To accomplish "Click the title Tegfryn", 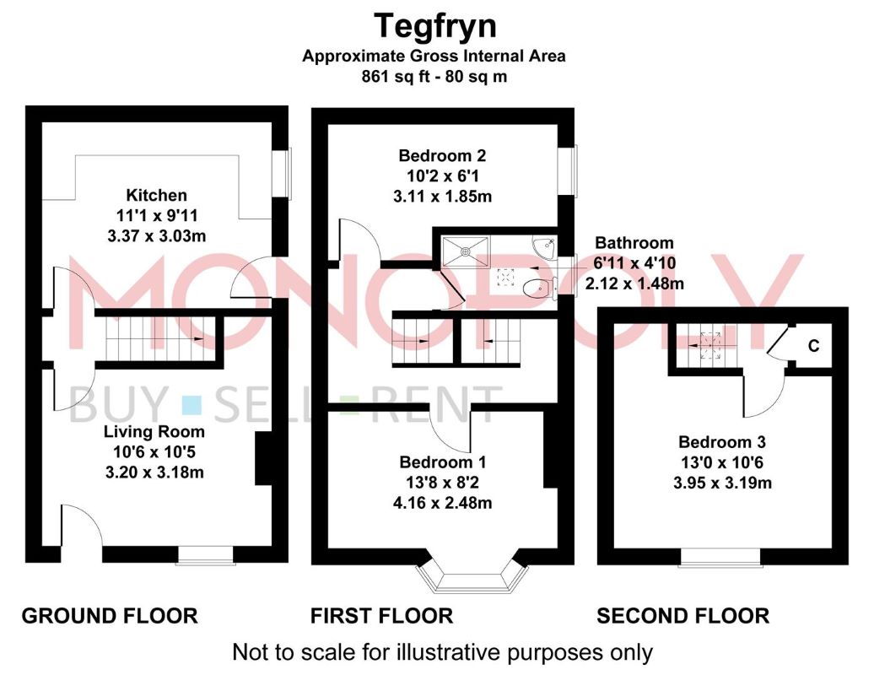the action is pyautogui.click(x=434, y=26).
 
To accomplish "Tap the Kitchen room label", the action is pyautogui.click(x=157, y=195).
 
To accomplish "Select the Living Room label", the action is pyautogui.click(x=154, y=431).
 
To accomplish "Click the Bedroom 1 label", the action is pyautogui.click(x=443, y=462).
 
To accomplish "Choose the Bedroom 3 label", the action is pyautogui.click(x=722, y=442).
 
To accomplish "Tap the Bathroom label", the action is pyautogui.click(x=634, y=242).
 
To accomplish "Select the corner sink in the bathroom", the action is pyautogui.click(x=545, y=247).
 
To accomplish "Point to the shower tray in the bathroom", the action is pyautogui.click(x=466, y=251).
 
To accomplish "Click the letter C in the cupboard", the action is pyautogui.click(x=814, y=346).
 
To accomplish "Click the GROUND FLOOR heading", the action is pyautogui.click(x=110, y=616).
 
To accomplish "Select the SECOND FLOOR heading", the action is pyautogui.click(x=682, y=616).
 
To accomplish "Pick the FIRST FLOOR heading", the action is pyautogui.click(x=382, y=616).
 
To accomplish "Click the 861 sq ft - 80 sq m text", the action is pyautogui.click(x=434, y=77).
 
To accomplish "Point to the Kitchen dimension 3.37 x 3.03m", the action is pyautogui.click(x=157, y=235).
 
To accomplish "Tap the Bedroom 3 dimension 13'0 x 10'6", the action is pyautogui.click(x=722, y=462).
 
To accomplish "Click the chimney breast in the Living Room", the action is pyautogui.click(x=263, y=458).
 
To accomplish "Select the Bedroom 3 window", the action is pyautogui.click(x=720, y=558).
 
